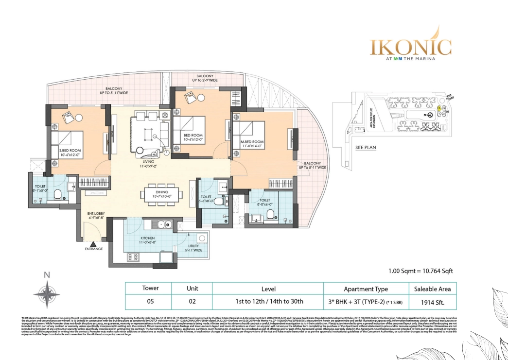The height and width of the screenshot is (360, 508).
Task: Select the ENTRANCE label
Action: pos(94,249)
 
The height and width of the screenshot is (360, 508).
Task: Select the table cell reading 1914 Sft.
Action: pos(432,301)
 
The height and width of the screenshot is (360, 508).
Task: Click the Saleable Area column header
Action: pos(432,289)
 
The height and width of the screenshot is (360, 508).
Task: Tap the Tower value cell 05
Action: pos(150,301)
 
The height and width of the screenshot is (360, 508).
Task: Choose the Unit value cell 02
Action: pos(193,301)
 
